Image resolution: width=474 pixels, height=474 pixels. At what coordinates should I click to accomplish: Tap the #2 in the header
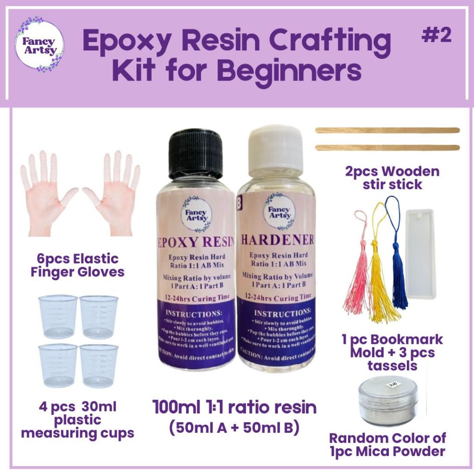coord(437,37)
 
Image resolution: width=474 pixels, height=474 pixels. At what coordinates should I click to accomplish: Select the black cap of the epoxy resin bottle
coord(195,155)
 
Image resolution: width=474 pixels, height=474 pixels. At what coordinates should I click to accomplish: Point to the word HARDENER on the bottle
coord(277,239)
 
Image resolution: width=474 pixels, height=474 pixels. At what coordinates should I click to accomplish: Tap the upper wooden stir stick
coord(387,131)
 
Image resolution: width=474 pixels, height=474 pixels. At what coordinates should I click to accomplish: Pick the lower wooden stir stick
coord(387,148)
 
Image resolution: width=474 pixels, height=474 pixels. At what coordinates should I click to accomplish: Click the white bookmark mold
coord(419,254)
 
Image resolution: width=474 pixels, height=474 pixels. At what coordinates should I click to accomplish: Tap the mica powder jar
coord(388,401)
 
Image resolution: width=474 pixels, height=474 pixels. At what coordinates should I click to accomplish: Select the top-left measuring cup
coord(57,317)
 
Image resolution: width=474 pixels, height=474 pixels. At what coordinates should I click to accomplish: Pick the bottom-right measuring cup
coord(98,366)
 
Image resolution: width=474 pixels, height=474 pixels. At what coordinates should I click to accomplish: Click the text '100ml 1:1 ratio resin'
coord(234,407)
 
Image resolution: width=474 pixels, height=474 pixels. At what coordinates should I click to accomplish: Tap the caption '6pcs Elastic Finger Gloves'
coord(77,265)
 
